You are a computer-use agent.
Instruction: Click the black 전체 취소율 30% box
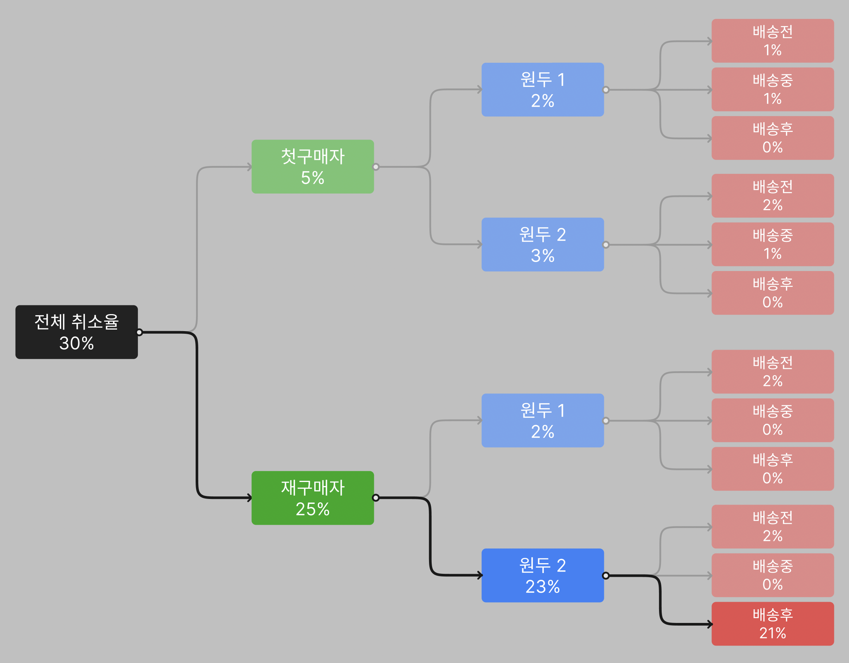pyautogui.click(x=77, y=332)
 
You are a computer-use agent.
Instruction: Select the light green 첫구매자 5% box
pyautogui.click(x=313, y=167)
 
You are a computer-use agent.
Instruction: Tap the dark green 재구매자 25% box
pyautogui.click(x=313, y=498)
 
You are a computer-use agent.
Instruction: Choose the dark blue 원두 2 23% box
pyautogui.click(x=543, y=575)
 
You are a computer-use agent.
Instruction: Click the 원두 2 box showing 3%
pyautogui.click(x=543, y=244)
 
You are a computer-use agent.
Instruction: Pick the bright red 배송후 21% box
pyautogui.click(x=773, y=624)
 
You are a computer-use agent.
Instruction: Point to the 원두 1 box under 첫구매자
pyautogui.click(x=543, y=90)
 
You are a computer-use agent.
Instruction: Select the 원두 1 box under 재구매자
pyautogui.click(x=543, y=421)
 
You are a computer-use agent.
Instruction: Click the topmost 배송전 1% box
pyautogui.click(x=773, y=41)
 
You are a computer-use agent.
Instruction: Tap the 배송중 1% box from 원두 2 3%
pyautogui.click(x=773, y=244)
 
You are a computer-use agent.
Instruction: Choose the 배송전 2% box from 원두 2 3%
pyautogui.click(x=773, y=196)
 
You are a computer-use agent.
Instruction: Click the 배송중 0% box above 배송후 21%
pyautogui.click(x=773, y=575)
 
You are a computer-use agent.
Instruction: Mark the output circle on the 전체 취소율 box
pyautogui.click(x=139, y=332)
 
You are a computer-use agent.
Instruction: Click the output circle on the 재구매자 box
pyautogui.click(x=375, y=498)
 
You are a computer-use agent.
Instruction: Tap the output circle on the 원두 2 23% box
pyautogui.click(x=606, y=575)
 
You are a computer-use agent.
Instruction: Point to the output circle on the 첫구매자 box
pyautogui.click(x=375, y=167)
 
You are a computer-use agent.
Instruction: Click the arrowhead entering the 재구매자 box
pyautogui.click(x=250, y=498)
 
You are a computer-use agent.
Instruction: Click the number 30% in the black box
pyautogui.click(x=77, y=343)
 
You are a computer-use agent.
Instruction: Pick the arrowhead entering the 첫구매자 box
pyautogui.click(x=250, y=167)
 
